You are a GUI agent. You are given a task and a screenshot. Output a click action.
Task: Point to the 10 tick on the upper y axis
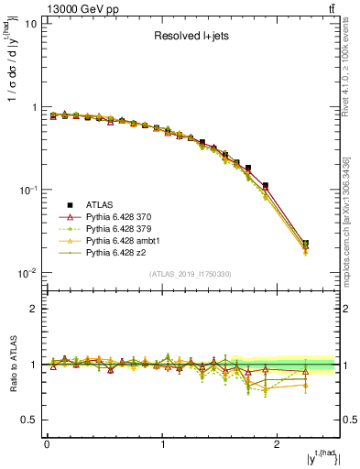(30, 24)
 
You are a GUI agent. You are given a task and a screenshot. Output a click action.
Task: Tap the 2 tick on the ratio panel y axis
(33, 309)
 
